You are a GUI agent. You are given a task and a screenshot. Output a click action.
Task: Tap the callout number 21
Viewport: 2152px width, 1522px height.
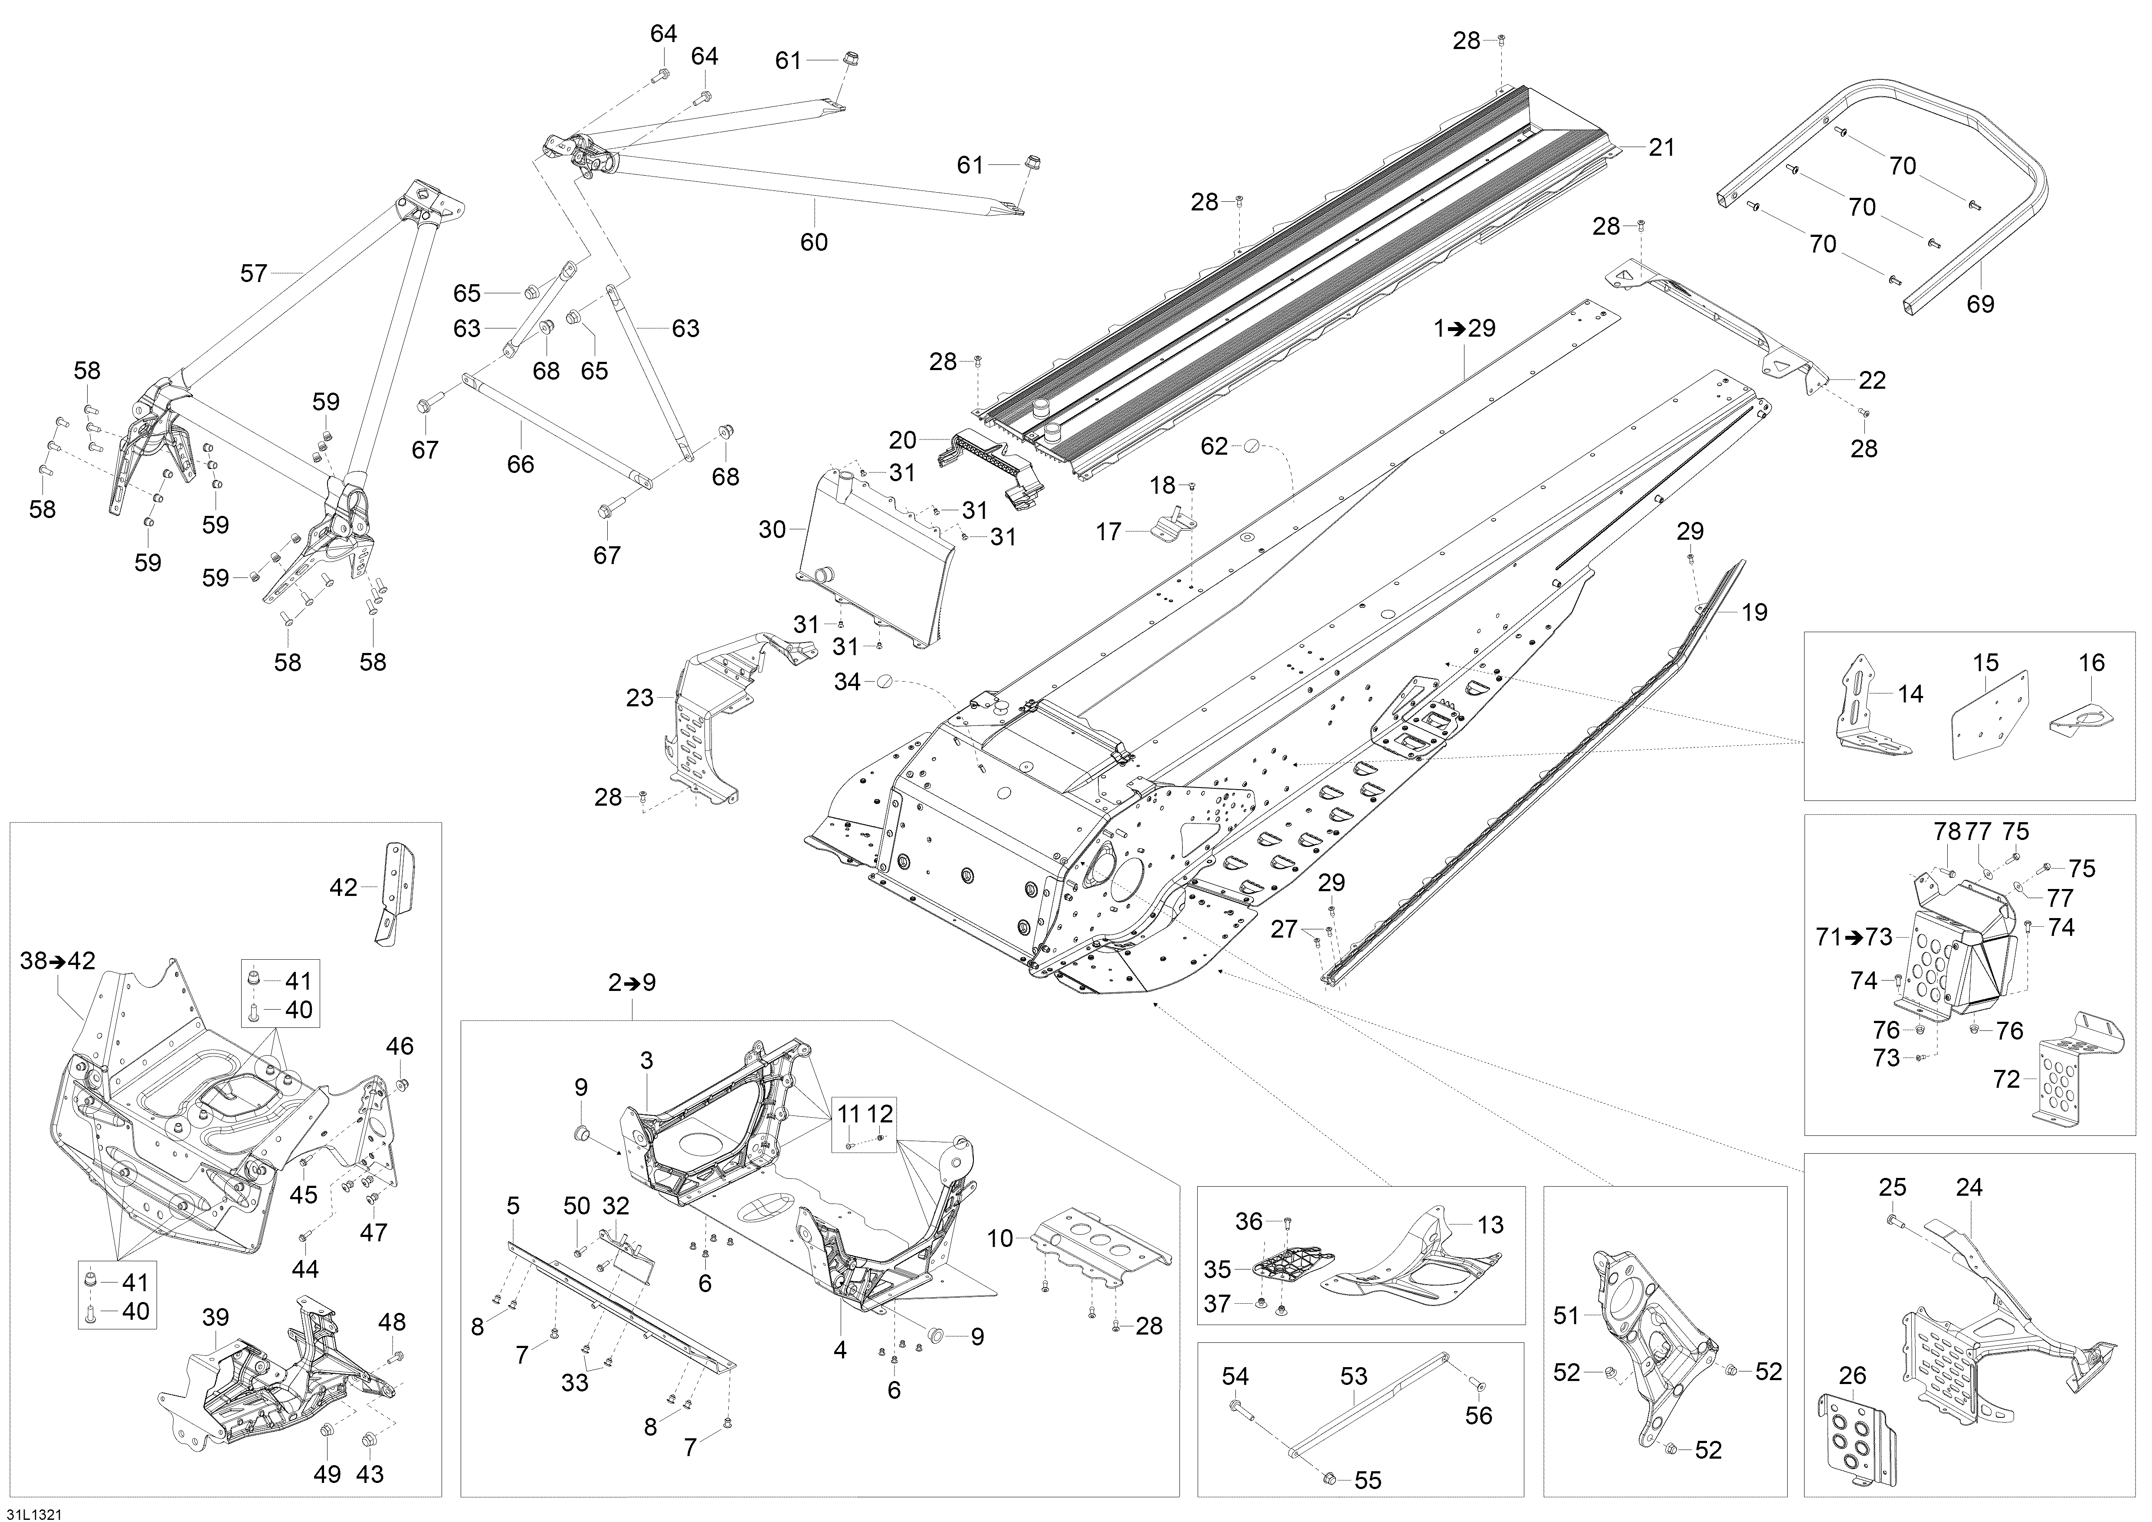click(x=1661, y=147)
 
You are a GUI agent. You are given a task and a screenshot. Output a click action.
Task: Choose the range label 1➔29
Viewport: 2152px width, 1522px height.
click(x=1464, y=328)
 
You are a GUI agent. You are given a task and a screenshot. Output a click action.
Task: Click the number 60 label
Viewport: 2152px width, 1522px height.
click(x=814, y=242)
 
